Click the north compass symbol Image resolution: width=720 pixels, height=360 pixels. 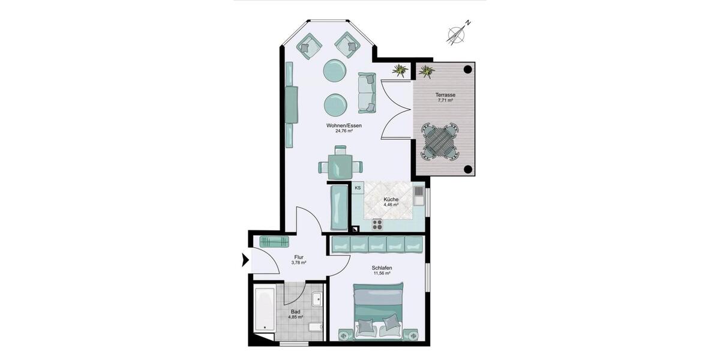(x=458, y=33)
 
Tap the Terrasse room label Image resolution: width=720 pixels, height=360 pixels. (x=445, y=95)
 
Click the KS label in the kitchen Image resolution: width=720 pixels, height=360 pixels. (x=358, y=188)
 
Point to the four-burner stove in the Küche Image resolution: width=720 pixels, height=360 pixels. (x=377, y=224)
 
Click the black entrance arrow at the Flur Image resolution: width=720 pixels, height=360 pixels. (x=245, y=260)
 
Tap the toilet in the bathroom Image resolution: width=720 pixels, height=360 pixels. (x=316, y=328)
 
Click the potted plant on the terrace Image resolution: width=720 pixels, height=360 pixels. (x=426, y=71)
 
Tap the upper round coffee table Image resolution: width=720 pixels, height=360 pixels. (x=335, y=70)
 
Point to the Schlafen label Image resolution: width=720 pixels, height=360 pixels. (x=382, y=268)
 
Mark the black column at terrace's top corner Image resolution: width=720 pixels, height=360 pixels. (x=467, y=70)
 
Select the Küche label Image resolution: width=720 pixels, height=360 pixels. (x=391, y=199)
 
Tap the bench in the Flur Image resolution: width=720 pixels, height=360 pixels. (x=274, y=241)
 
